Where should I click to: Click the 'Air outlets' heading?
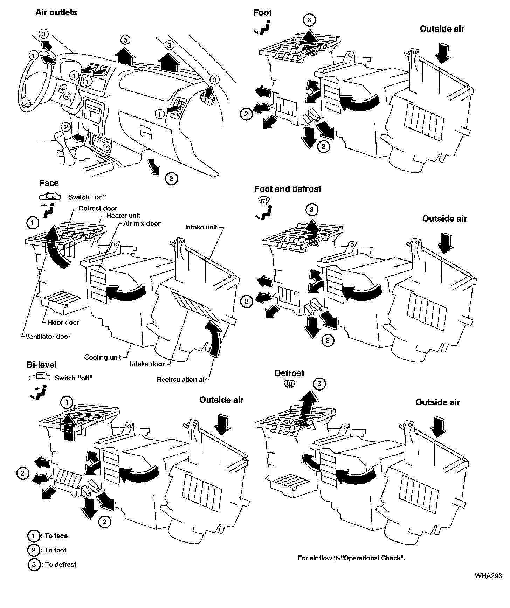56,12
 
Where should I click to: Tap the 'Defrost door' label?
98,208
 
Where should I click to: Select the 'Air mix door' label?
142,223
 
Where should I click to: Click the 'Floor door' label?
63,322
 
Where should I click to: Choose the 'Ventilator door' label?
48,336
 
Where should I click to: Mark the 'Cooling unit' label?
102,357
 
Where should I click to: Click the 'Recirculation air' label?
181,379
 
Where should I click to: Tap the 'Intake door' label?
147,364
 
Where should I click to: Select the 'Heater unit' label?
123,216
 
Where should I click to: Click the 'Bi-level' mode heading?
41,365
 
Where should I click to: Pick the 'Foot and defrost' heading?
288,189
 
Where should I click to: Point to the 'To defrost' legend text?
60,564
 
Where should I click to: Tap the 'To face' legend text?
56,536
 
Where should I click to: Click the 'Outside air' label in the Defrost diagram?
437,402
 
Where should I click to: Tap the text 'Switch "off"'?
74,378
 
